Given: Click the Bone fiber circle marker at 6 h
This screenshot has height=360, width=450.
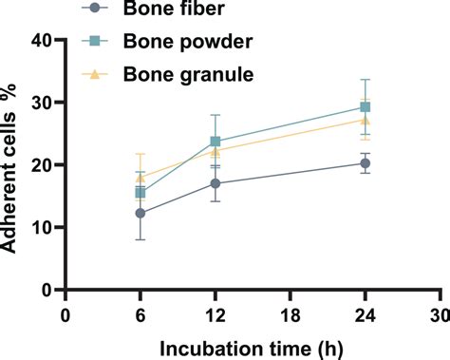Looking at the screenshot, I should (x=141, y=213).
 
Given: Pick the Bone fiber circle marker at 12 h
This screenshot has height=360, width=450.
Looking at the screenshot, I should (x=216, y=183).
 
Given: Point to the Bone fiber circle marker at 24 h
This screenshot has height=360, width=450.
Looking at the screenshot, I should (x=366, y=163).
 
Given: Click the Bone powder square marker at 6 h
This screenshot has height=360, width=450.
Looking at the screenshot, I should (x=141, y=193).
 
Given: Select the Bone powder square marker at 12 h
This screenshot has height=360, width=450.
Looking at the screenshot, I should (x=216, y=142).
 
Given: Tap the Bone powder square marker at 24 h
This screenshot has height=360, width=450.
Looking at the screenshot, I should (x=366, y=107).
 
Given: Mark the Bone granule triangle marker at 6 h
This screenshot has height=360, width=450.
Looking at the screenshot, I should (x=141, y=178).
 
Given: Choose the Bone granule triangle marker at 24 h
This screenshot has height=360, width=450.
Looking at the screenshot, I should (x=366, y=120).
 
